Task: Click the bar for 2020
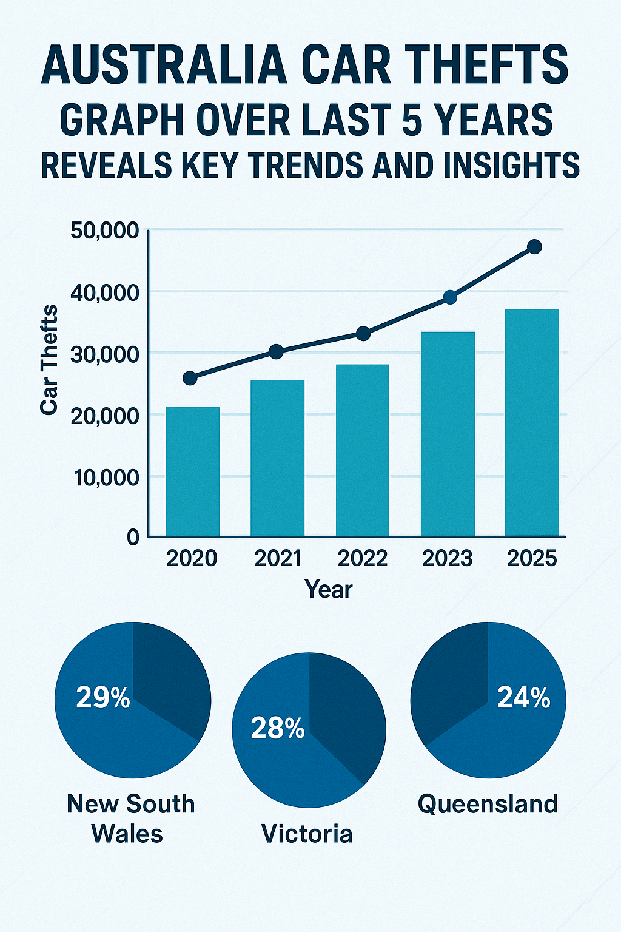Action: [x=192, y=471]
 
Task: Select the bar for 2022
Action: [x=363, y=450]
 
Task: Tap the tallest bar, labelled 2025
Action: [x=532, y=422]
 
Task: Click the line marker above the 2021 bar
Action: [x=276, y=352]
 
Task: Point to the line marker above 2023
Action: [x=450, y=297]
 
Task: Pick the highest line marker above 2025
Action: [x=534, y=247]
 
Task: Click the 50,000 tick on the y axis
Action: [x=105, y=231]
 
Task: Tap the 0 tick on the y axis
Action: [x=133, y=538]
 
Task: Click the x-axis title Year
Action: [x=328, y=589]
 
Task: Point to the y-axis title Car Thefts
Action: [x=50, y=360]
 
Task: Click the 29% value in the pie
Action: [x=103, y=698]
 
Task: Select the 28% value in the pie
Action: [x=277, y=728]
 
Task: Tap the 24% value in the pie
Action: [x=523, y=698]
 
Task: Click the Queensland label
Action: [x=488, y=805]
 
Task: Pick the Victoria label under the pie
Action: [x=307, y=834]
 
